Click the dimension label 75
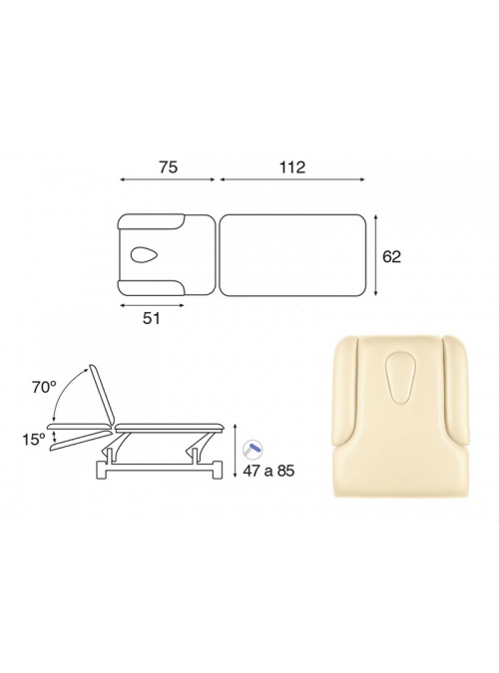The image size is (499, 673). point(168,167)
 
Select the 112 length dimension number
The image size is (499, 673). point(292,167)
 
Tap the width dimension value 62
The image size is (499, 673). point(391,256)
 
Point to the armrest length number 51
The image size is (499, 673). point(151,318)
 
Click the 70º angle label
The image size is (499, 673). point(44,388)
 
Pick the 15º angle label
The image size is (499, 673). point(34,439)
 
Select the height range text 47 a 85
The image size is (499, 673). point(268,471)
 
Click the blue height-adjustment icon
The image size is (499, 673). point(252,449)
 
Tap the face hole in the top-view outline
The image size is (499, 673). point(145,254)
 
